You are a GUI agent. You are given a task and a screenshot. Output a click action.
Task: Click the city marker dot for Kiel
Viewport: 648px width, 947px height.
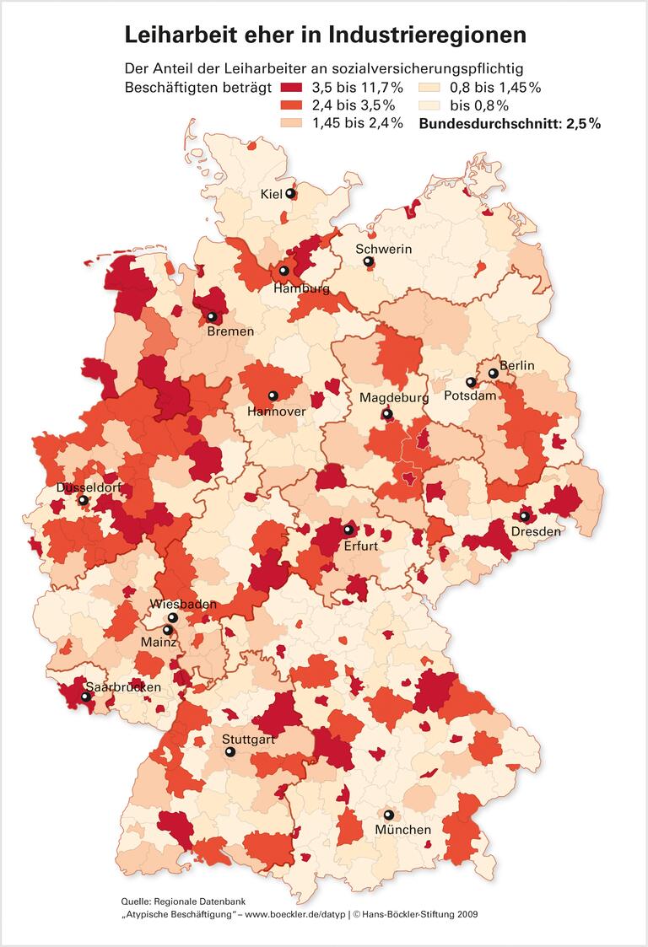[290, 193]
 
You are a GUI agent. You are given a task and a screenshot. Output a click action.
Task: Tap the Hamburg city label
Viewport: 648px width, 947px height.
[301, 288]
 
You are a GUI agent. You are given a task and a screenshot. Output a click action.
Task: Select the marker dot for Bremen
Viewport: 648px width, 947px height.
[212, 317]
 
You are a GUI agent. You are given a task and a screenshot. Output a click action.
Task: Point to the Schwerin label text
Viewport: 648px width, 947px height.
[383, 249]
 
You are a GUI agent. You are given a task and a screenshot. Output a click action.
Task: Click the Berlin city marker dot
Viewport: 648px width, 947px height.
[493, 373]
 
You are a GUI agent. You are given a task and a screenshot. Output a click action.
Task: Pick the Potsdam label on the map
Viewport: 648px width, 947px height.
[469, 395]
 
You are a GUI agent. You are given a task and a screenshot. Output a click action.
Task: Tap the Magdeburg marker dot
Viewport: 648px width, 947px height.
[387, 414]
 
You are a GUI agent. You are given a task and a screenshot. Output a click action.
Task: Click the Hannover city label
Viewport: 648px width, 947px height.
[276, 412]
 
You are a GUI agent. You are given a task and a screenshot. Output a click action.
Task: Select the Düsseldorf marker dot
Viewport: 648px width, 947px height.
[83, 500]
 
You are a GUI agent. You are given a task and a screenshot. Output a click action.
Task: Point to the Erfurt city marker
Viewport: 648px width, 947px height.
[348, 530]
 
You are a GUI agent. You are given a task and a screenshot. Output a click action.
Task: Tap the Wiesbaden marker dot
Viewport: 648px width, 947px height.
[173, 617]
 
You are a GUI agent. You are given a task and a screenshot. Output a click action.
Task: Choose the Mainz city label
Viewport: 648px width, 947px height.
[159, 643]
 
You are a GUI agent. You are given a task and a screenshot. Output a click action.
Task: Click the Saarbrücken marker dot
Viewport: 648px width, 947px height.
[85, 697]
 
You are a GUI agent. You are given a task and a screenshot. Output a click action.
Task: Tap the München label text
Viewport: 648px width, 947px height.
[403, 830]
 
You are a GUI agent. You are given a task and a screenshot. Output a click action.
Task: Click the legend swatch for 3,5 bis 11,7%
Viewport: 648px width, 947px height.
[294, 88]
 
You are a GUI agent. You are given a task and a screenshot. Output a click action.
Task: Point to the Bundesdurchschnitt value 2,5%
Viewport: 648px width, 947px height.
[583, 124]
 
